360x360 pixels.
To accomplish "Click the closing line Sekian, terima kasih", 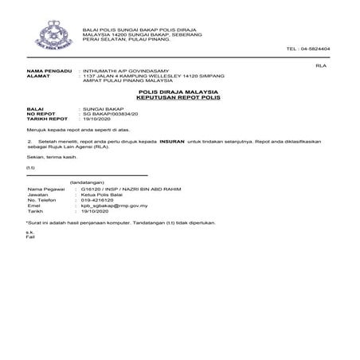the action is point(51,158).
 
